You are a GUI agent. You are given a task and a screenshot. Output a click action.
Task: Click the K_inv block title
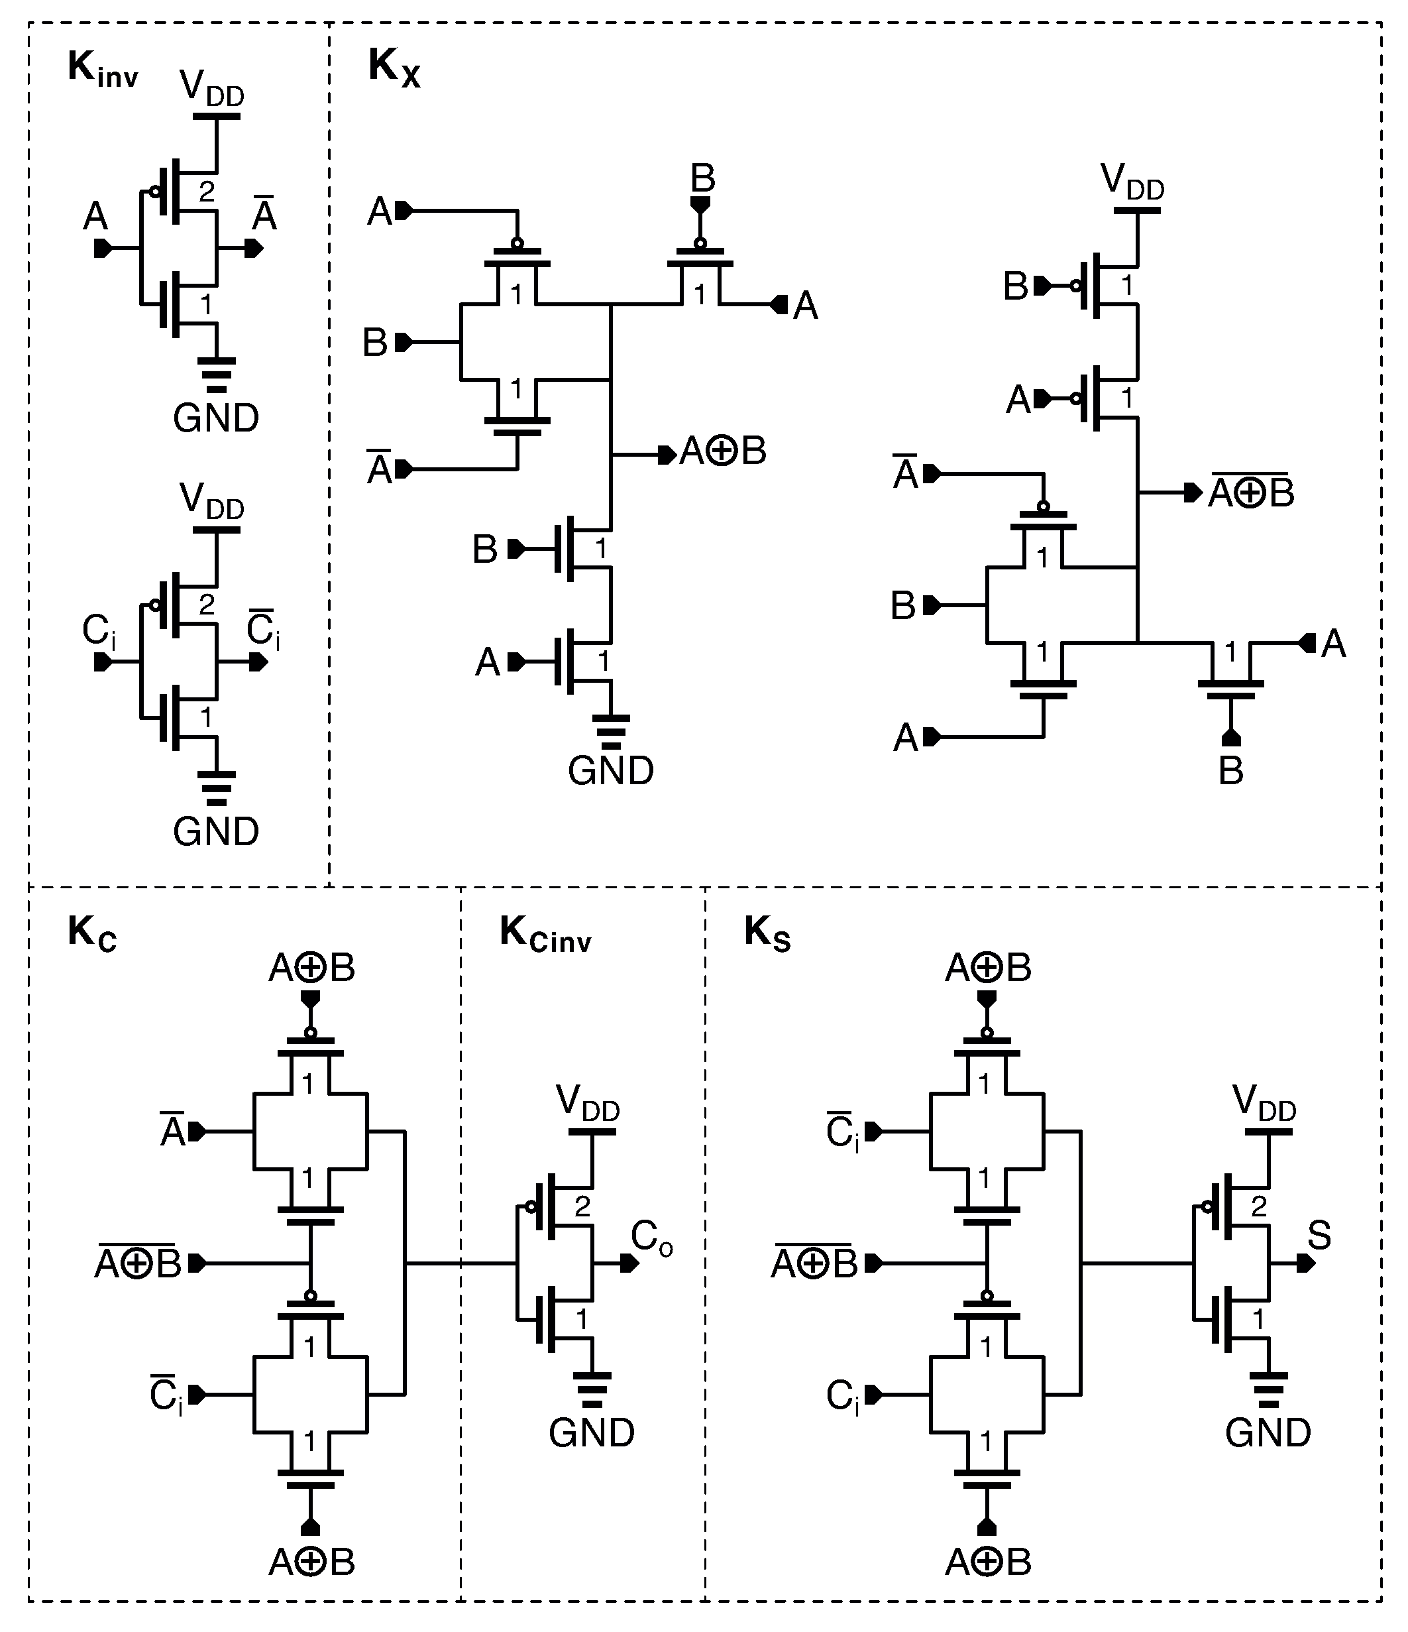pyautogui.click(x=103, y=70)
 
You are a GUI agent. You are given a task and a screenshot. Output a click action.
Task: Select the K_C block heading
pyautogui.click(x=91, y=934)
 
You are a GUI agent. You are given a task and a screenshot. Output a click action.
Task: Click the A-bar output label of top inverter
pyautogui.click(x=264, y=215)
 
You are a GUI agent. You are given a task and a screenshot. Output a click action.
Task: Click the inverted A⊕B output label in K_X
pyautogui.click(x=1251, y=493)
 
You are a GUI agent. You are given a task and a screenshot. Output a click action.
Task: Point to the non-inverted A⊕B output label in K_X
pyautogui.click(x=723, y=451)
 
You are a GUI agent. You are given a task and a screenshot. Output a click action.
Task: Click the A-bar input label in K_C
pyautogui.click(x=172, y=1132)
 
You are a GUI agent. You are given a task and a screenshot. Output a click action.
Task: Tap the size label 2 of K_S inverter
pyautogui.click(x=1258, y=1206)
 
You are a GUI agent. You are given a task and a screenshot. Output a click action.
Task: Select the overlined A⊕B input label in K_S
pyautogui.click(x=814, y=1263)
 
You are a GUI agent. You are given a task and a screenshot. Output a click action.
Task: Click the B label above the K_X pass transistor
pyautogui.click(x=702, y=179)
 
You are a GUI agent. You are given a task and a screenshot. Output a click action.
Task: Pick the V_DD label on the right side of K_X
pyautogui.click(x=1132, y=182)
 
